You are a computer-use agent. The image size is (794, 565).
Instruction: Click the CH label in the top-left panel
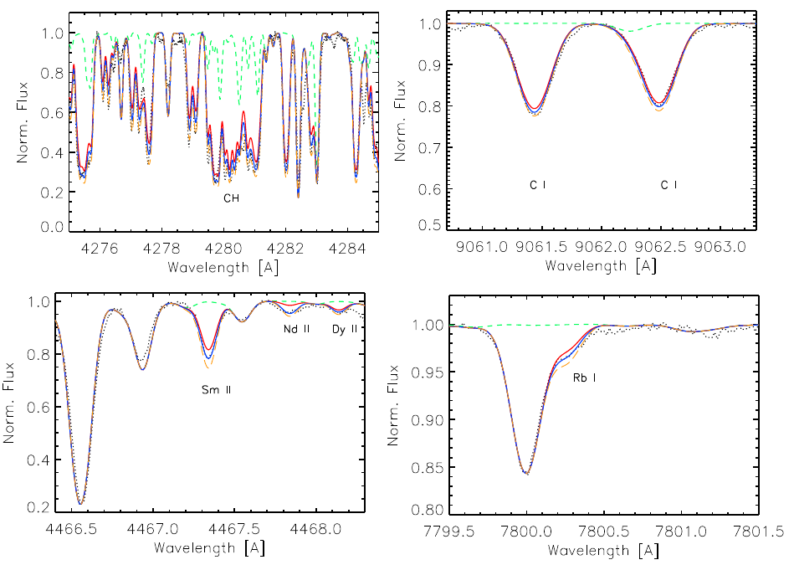pyautogui.click(x=232, y=198)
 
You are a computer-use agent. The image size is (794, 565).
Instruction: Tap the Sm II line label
pyautogui.click(x=216, y=390)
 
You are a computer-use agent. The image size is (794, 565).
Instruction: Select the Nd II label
pyautogui.click(x=296, y=329)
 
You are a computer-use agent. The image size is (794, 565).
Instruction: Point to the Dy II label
pyautogui.click(x=345, y=329)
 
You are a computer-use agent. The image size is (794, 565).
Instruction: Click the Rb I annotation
pyautogui.click(x=584, y=378)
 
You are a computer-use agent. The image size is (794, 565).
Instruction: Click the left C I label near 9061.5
pyautogui.click(x=538, y=185)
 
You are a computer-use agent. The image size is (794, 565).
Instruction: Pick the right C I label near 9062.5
pyautogui.click(x=669, y=185)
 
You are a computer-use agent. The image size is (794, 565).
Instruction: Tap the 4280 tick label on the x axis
pyautogui.click(x=224, y=249)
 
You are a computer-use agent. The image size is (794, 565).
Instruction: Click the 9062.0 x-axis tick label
pyautogui.click(x=601, y=247)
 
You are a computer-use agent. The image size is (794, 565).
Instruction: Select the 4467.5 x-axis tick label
pyautogui.click(x=234, y=529)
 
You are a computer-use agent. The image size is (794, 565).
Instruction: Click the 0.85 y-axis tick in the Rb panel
pyautogui.click(x=429, y=467)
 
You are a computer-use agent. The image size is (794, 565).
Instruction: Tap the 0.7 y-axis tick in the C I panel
pyautogui.click(x=429, y=147)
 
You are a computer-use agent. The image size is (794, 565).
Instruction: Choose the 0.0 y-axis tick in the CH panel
pyautogui.click(x=52, y=227)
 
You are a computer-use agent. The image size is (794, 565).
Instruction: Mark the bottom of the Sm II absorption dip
pyautogui.click(x=208, y=359)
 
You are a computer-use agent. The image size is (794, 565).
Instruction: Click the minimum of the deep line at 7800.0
pyautogui.click(x=527, y=475)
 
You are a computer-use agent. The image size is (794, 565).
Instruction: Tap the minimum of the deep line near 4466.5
pyautogui.click(x=80, y=504)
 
